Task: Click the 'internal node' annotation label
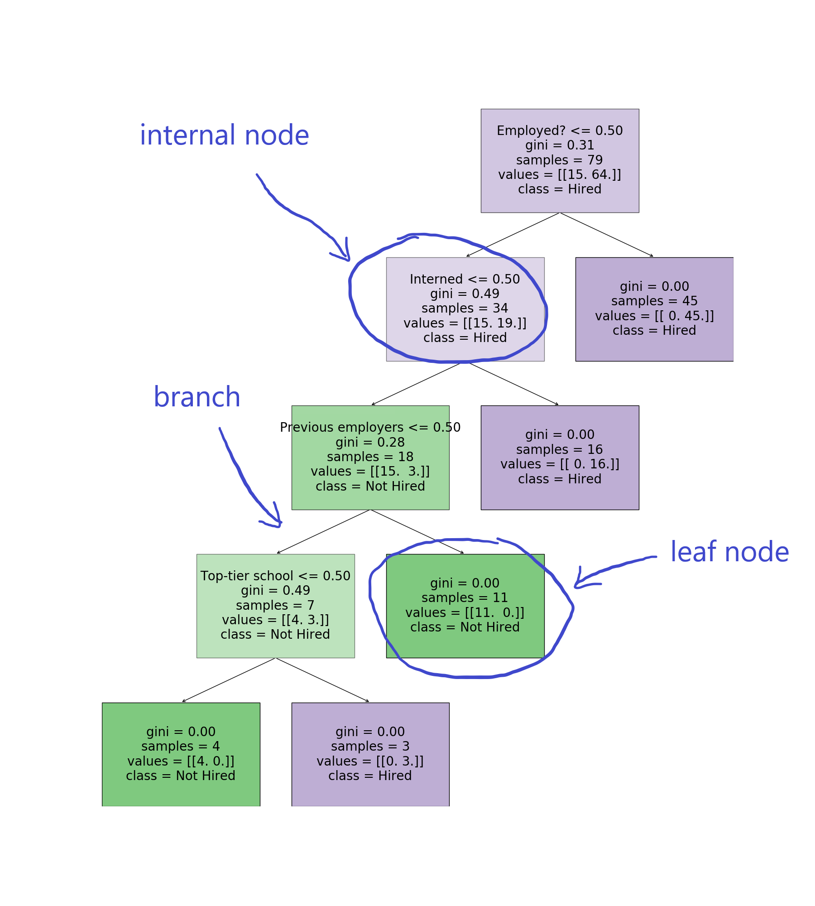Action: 225,135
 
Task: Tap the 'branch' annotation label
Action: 197,397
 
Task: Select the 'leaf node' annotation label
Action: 730,552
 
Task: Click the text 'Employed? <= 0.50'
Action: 560,130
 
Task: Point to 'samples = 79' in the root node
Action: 560,160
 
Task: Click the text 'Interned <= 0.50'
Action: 465,279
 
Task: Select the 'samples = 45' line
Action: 654,301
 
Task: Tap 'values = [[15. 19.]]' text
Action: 465,323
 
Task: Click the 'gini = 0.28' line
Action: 370,442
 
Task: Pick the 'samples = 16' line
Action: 560,449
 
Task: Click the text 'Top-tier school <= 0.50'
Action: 275,576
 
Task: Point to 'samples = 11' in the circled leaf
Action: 465,598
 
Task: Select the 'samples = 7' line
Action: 275,605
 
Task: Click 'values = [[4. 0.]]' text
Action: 181,761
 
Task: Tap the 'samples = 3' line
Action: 370,746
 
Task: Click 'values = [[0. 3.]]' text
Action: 370,761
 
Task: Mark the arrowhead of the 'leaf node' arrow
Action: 576,587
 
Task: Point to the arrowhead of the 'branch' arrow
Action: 280,525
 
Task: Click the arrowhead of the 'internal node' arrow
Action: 349,260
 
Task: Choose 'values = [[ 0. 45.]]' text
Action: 654,316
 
